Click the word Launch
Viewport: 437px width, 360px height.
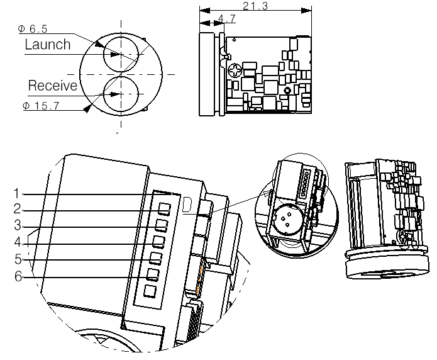48,45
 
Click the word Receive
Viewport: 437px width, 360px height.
53,86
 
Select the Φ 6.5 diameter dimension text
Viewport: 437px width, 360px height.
33,29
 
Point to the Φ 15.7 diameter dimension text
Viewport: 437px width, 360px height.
41,106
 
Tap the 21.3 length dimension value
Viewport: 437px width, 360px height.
255,6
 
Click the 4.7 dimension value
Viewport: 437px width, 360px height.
226,18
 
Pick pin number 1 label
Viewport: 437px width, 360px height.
17,193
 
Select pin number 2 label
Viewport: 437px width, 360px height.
17,209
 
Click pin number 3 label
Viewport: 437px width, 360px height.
18,225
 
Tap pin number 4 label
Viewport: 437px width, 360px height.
18,242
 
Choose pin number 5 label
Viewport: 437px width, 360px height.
18,259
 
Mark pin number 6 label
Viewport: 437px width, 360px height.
18,276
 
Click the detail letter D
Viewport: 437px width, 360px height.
187,205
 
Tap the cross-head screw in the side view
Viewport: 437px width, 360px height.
236,70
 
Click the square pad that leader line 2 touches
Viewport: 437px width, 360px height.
165,209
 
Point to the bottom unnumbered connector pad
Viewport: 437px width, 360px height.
150,291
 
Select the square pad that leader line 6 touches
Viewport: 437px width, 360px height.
153,274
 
